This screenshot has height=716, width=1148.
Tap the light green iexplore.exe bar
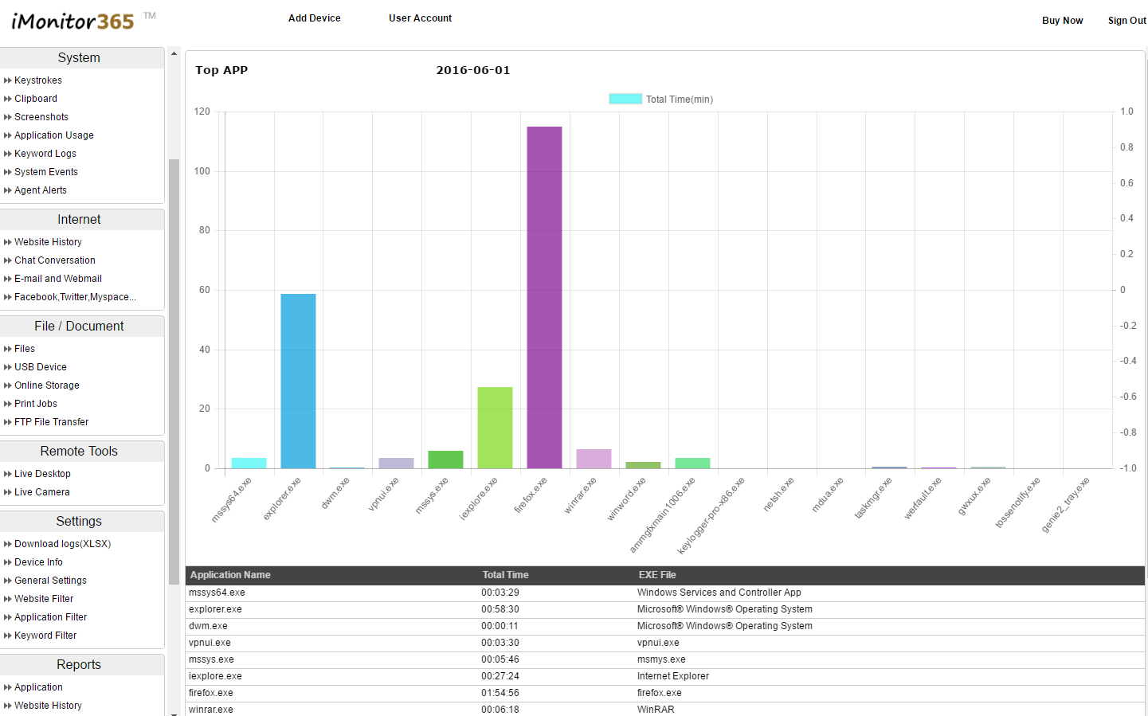(495, 428)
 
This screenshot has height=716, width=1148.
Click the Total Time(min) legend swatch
(625, 99)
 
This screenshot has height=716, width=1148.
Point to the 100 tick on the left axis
(202, 171)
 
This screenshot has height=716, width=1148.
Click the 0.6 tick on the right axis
(1126, 183)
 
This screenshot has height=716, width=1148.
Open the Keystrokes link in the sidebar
(38, 80)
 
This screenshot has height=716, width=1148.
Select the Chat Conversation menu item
(55, 260)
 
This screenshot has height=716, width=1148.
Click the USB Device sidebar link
(41, 367)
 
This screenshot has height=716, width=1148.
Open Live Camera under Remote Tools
(42, 492)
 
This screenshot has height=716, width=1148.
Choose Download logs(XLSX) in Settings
(63, 544)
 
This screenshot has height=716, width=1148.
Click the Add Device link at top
(314, 18)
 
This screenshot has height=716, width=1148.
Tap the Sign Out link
(1126, 21)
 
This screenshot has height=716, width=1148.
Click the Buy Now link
(1062, 21)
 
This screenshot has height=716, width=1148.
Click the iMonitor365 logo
(73, 21)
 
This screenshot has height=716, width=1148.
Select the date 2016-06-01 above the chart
(473, 70)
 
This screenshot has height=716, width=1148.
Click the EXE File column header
(657, 575)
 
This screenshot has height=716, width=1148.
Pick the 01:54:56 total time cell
(500, 693)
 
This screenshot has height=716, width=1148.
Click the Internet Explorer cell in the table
(673, 676)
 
